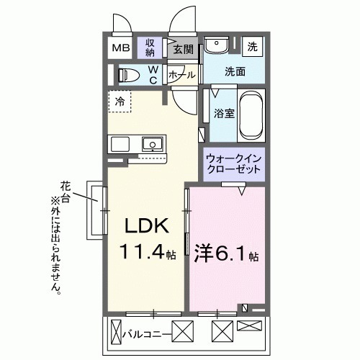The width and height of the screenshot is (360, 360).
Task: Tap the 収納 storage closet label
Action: click(150, 48)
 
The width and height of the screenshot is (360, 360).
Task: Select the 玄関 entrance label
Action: click(184, 50)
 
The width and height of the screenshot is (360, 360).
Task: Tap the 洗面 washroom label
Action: click(234, 72)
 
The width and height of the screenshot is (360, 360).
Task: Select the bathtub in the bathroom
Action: click(252, 116)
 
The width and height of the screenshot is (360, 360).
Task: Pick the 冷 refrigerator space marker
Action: click(120, 102)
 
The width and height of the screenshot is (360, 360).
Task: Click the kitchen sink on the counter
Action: click(152, 144)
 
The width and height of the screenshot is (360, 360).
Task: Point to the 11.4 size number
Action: click(143, 253)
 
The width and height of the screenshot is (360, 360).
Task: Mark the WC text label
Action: click(153, 75)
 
